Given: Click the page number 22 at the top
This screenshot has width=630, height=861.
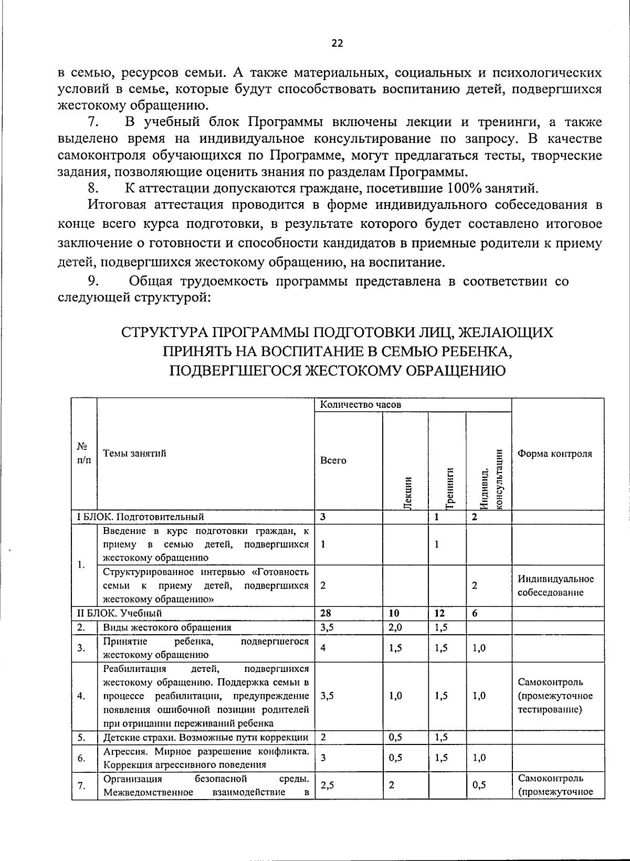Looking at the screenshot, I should pos(337,44).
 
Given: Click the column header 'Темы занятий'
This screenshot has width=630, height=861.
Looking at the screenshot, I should pos(134,453).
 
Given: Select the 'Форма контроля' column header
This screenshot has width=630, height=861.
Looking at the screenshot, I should pos(555,454).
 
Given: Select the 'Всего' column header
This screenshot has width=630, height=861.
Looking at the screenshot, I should pos(333,460).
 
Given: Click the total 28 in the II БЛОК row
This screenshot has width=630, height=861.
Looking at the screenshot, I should pos(326,613).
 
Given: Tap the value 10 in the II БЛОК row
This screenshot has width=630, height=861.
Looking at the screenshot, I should pos(394,613).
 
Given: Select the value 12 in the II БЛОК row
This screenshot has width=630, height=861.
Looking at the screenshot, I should pos(440,613).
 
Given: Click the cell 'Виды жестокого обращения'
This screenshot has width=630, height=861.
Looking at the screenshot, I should pos(167,627).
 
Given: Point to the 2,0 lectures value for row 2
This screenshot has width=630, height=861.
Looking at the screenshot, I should pos(396,627).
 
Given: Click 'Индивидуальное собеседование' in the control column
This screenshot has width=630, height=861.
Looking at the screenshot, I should pos(555,585).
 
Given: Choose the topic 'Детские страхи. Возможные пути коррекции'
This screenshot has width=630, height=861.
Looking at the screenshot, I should pos(206,737).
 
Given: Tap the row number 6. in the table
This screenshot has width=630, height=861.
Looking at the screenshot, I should pos(81,758).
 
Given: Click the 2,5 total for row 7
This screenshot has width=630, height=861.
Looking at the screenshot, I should pos(328,785).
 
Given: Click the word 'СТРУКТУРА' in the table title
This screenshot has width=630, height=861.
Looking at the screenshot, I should pos(163,333).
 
